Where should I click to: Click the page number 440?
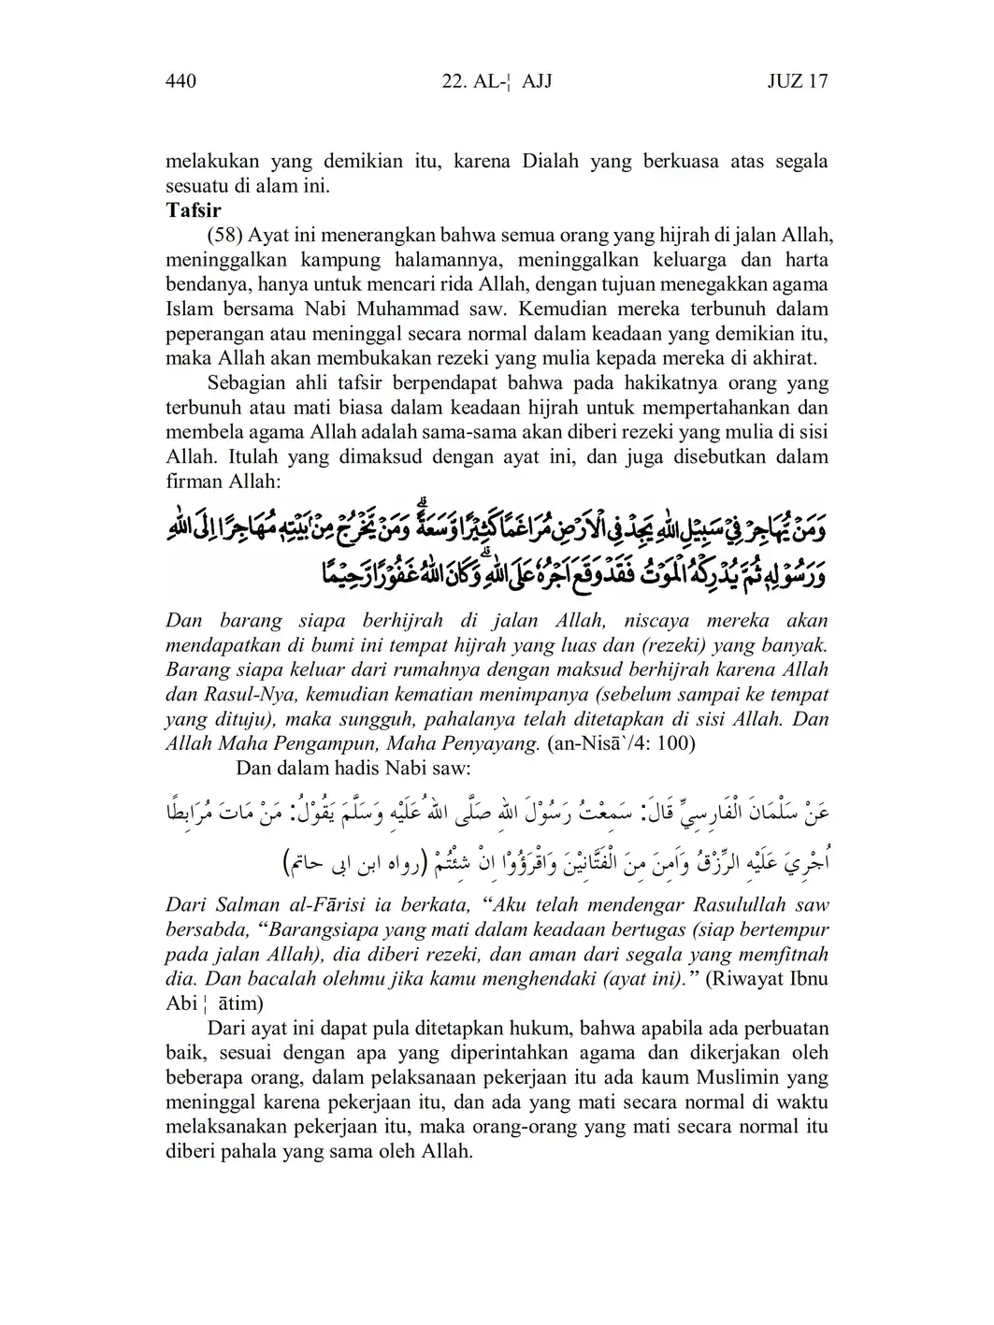pos(180,81)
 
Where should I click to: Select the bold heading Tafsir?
pos(193,209)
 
